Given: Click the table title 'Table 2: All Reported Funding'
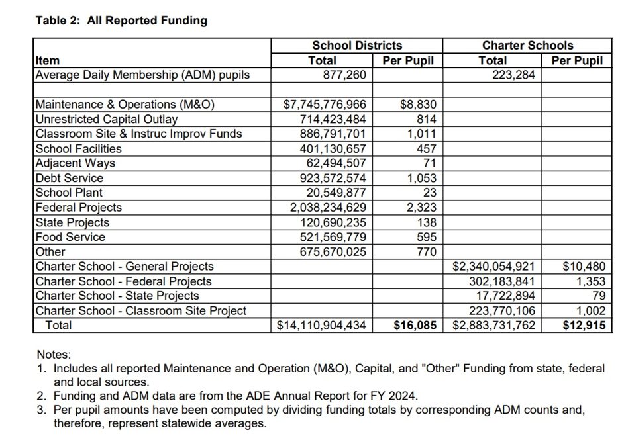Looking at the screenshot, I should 121,21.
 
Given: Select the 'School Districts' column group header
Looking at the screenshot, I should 357,46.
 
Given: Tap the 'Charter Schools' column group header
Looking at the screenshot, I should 527,46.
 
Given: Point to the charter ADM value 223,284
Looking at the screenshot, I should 513,75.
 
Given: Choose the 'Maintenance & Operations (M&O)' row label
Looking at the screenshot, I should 125,105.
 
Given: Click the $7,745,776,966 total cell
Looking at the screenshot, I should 325,105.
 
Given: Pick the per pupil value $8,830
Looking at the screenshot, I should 419,105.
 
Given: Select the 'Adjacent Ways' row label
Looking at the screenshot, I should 75,163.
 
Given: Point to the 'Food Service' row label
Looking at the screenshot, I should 70,237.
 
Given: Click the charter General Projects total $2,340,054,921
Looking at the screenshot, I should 493,267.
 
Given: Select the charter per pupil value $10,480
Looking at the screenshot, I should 584,267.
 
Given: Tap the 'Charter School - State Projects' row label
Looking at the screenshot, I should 117,296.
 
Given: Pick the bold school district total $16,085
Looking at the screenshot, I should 415,326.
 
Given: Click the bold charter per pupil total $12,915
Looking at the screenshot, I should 584,326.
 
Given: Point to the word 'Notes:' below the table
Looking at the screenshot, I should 54,355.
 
